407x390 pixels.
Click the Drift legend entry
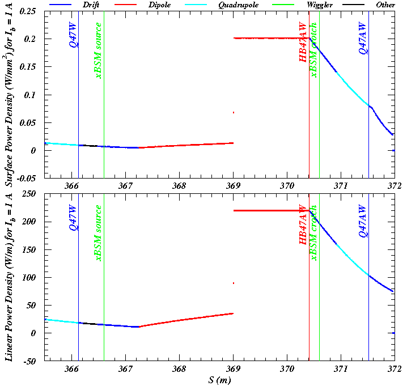pos(92,5)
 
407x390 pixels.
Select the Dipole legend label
pos(175,5)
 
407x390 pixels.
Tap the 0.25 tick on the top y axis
pos(28,11)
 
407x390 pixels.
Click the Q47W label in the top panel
pos(73,36)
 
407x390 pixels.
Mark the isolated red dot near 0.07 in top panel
pos(234,112)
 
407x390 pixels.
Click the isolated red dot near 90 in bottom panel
pos(234,283)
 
